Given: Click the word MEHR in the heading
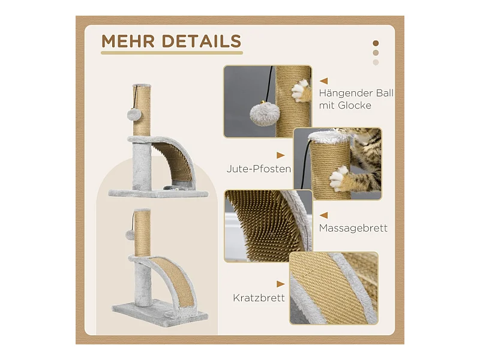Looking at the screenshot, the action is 128,41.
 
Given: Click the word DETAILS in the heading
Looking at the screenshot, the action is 202,41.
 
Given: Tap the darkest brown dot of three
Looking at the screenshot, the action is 376,43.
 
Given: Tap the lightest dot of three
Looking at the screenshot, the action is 376,62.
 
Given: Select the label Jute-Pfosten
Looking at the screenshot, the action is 259,169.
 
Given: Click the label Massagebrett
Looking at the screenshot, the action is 353,228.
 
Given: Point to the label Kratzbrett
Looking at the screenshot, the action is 259,298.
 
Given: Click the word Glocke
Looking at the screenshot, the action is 355,106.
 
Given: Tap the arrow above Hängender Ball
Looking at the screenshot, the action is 323,81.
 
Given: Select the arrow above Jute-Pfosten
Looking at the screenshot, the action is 281,155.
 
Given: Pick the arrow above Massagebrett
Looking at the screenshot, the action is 323,215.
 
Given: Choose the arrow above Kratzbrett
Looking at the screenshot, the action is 281,284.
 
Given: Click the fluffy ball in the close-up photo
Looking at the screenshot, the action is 263,114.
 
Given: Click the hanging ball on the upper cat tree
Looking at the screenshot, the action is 132,115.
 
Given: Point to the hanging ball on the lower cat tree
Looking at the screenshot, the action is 130,235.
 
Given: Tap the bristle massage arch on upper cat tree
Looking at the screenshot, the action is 175,159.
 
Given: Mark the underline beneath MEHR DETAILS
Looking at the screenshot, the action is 172,53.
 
